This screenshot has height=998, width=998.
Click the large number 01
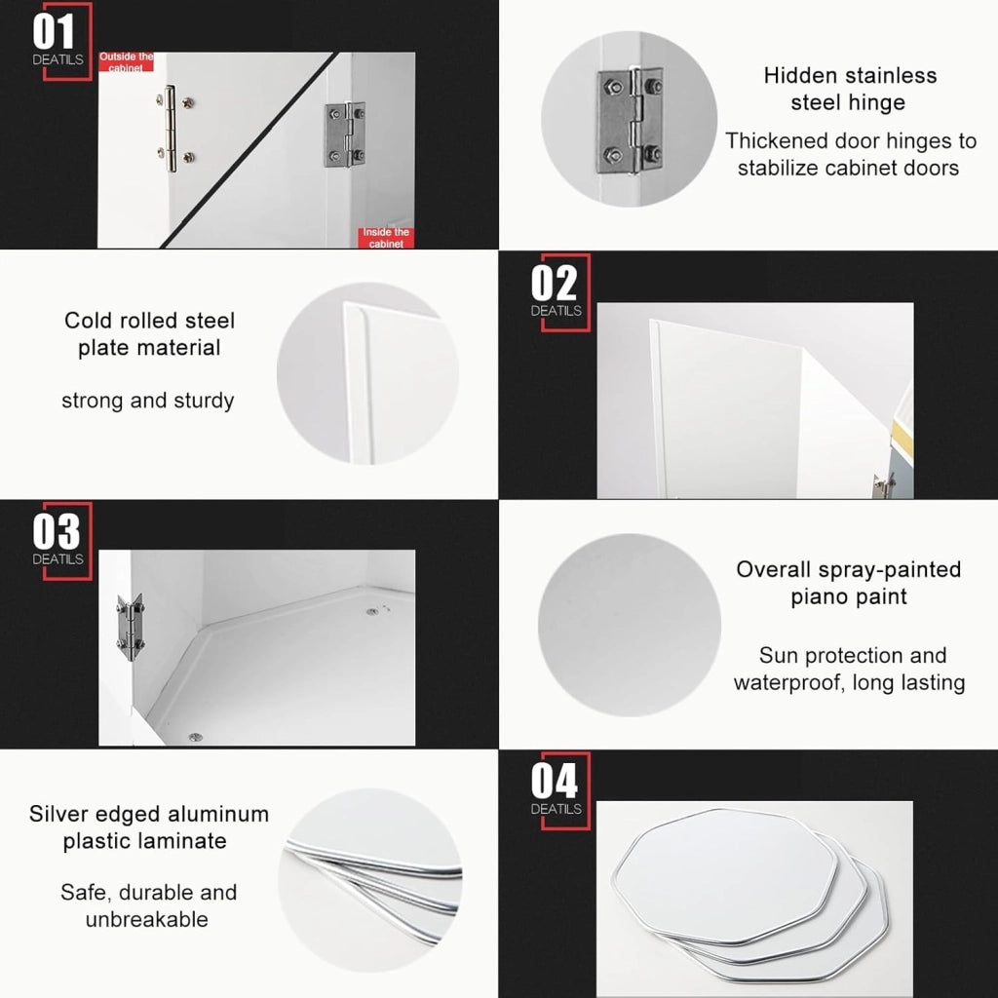pyautogui.click(x=54, y=32)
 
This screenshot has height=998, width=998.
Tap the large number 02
pyautogui.click(x=554, y=284)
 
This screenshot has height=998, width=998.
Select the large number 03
pyautogui.click(x=56, y=531)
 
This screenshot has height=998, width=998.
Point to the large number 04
pyautogui.click(x=555, y=781)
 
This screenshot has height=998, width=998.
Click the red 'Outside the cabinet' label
pyautogui.click(x=126, y=61)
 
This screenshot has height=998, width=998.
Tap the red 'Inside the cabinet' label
pyautogui.click(x=386, y=238)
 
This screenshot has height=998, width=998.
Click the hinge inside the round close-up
pyautogui.click(x=630, y=121)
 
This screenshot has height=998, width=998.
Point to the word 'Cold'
pyautogui.click(x=87, y=320)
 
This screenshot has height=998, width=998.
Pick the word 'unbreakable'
pyautogui.click(x=146, y=919)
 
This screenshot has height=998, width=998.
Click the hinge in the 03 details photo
pyautogui.click(x=130, y=627)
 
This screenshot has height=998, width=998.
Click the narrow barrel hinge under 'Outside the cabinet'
pyautogui.click(x=171, y=130)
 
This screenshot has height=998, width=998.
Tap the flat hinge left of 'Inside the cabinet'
pyautogui.click(x=345, y=134)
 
